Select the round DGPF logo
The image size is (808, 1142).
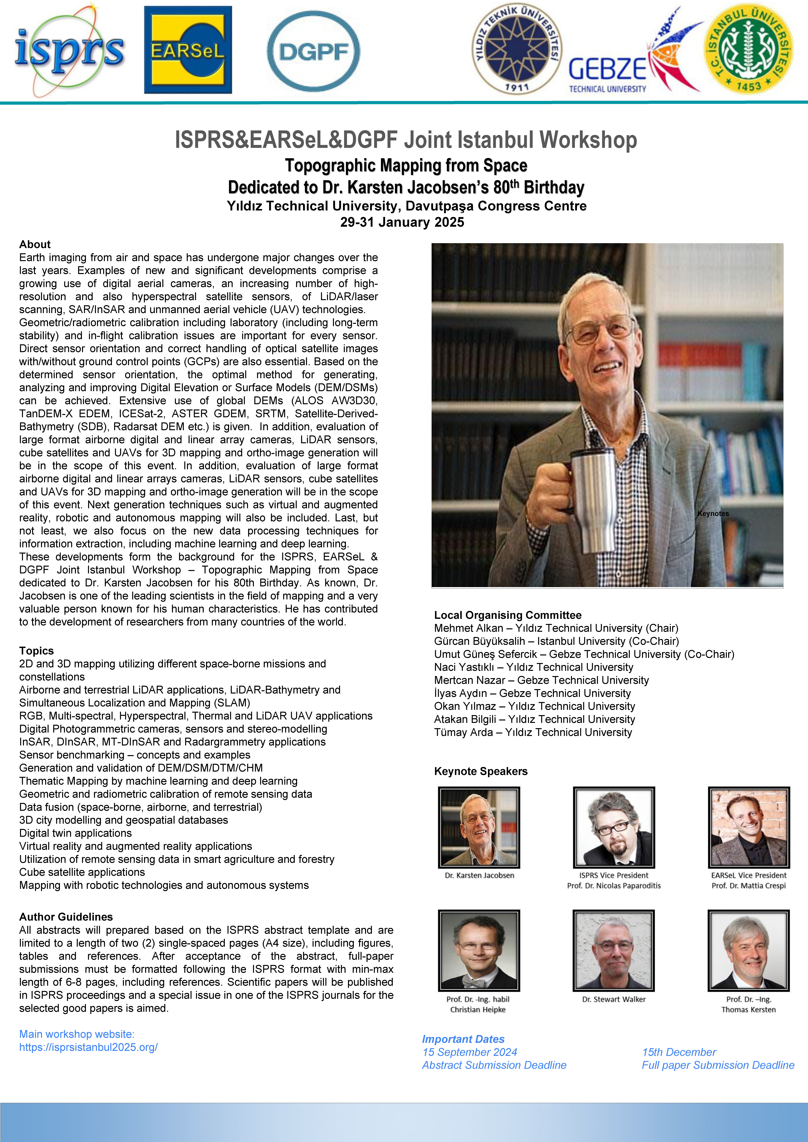coord(313,51)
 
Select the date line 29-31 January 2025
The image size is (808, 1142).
coord(402,222)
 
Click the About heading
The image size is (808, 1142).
coord(35,244)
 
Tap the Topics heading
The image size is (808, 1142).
coord(36,651)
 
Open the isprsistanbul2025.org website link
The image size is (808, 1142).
coord(89,1047)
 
